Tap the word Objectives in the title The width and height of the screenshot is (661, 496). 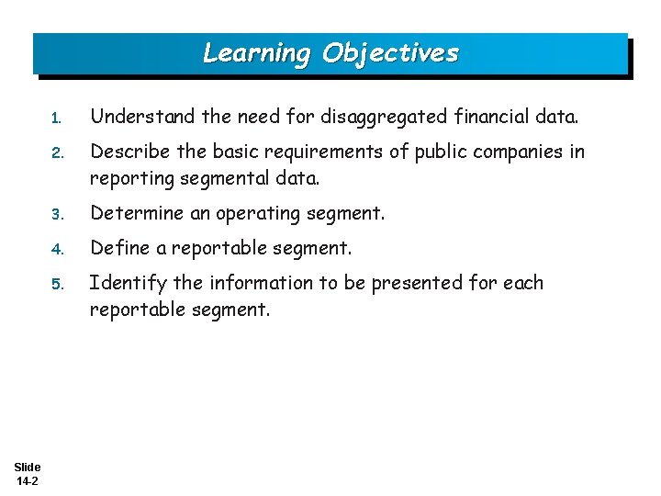coord(389,53)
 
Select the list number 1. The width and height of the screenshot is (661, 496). coord(56,118)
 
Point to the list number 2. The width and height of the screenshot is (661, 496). coord(56,152)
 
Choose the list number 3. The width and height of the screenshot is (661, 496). coord(56,214)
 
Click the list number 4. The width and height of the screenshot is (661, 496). coord(56,249)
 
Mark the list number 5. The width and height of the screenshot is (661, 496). coord(56,284)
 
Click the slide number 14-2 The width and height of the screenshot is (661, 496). coord(27,480)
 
